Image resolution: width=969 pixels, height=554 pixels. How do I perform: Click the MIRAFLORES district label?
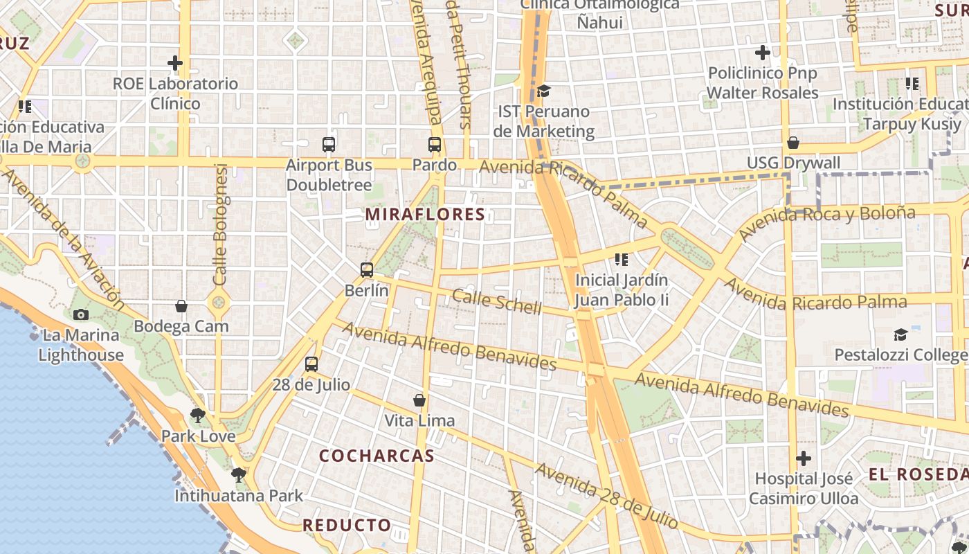coord(425,215)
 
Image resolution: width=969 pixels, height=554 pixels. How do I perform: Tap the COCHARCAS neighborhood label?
coord(377,456)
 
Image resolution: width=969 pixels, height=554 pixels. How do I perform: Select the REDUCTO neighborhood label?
coord(347,526)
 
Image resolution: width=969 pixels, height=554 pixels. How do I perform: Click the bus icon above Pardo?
coord(435,145)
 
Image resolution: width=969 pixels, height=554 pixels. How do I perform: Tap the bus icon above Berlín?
coord(367,270)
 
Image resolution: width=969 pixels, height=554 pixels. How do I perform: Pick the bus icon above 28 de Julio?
coord(311,364)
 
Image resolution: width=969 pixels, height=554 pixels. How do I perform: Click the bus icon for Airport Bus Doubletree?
coord(329,145)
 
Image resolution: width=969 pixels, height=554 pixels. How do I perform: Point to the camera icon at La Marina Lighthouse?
coord(81,314)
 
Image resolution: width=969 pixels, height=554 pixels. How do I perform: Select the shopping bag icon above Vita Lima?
coord(419,400)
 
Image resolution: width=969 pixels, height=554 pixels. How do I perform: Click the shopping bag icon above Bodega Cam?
coord(181,306)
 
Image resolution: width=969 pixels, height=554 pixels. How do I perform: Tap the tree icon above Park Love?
coord(198,415)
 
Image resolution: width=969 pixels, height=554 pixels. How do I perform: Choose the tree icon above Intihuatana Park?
coord(239,475)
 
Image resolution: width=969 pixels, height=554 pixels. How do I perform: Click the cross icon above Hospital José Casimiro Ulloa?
coord(804,458)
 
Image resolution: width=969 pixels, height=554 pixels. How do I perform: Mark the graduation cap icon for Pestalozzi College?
coord(900,335)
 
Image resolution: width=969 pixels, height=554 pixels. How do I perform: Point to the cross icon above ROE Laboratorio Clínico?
coord(175,64)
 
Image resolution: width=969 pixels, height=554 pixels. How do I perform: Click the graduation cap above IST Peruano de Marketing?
coord(544,91)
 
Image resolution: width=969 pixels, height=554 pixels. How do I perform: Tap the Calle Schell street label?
coord(496,301)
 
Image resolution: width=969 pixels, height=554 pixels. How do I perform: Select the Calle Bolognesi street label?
coord(221,224)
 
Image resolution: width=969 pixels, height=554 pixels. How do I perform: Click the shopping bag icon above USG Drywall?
coord(793,143)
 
